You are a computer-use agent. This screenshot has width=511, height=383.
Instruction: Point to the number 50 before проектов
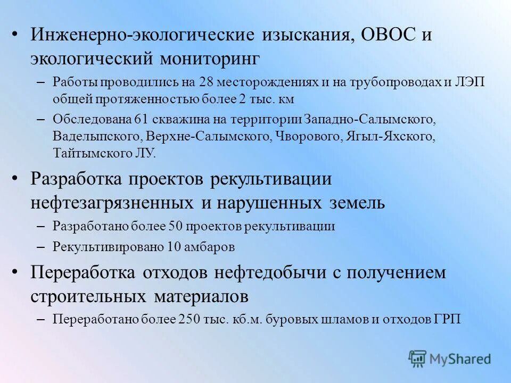coord(176,226)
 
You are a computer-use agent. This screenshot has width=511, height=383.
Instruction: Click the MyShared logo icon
coord(418,359)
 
